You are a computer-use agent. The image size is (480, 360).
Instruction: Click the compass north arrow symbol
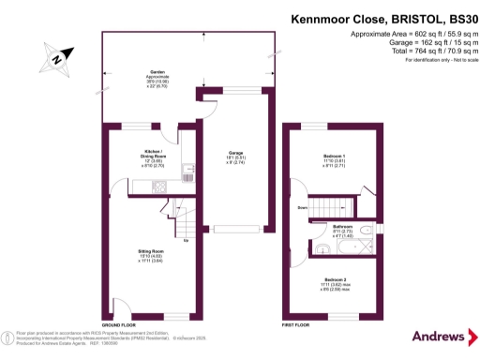tap(57, 58)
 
